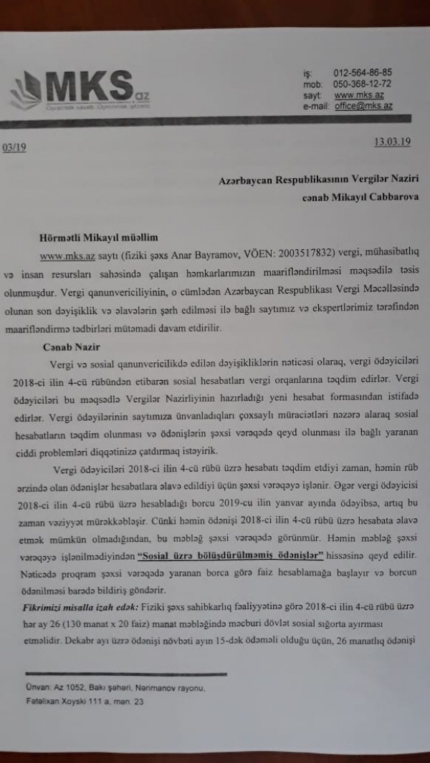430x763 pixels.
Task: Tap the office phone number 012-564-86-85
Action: [x=363, y=73]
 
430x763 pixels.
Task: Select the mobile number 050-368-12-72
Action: [x=363, y=84]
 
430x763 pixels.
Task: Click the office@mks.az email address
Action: [x=363, y=105]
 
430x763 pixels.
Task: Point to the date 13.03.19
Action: [x=392, y=142]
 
